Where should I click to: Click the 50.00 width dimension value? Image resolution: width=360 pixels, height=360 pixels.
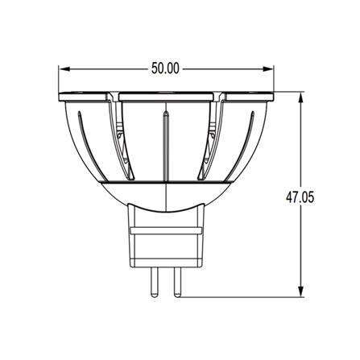pyautogui.click(x=165, y=68)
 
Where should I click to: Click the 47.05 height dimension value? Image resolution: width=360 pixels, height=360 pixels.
pyautogui.click(x=300, y=197)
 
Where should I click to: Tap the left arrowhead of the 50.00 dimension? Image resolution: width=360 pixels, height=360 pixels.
pyautogui.click(x=64, y=69)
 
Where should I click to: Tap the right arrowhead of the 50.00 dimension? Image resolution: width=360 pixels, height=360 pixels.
pyautogui.click(x=267, y=69)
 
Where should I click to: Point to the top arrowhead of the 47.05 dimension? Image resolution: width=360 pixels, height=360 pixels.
pyautogui.click(x=301, y=97)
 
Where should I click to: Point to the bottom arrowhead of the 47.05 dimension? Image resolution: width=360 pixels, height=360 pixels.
pyautogui.click(x=301, y=292)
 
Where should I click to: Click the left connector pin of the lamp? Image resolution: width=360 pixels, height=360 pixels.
pyautogui.click(x=154, y=283)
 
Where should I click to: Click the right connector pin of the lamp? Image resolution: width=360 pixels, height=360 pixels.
pyautogui.click(x=177, y=283)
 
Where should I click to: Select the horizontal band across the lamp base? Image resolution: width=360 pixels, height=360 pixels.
pyautogui.click(x=166, y=230)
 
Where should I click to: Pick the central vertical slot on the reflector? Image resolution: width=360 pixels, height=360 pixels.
pyautogui.click(x=167, y=147)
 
